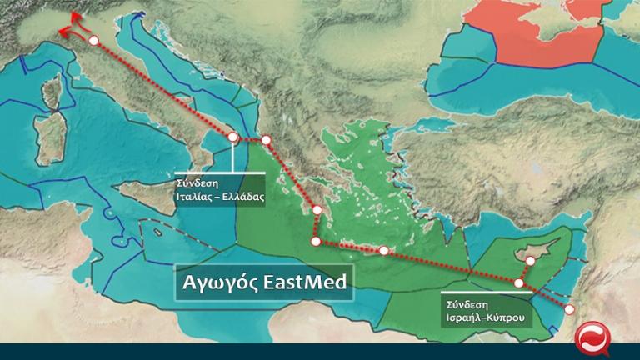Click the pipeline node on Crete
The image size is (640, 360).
(x=383, y=250)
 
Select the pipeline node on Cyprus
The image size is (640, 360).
(x=529, y=260)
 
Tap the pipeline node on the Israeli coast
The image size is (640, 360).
(x=570, y=309)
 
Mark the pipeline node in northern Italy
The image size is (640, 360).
(x=94, y=40)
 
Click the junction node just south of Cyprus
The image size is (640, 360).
(x=519, y=283)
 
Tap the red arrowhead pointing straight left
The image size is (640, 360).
(x=62, y=32)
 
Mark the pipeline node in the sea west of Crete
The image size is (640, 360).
(x=315, y=242)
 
